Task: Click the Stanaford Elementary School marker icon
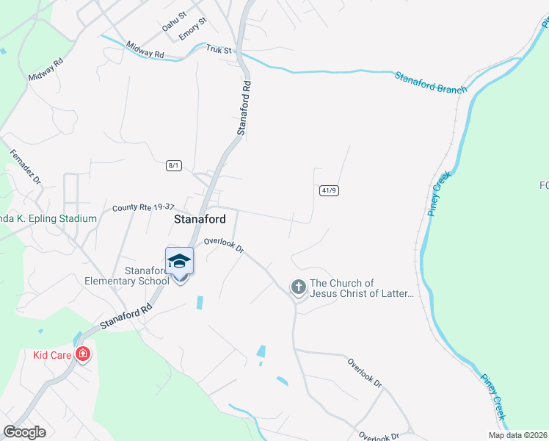coord(180,262)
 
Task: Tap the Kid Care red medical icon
coord(83,355)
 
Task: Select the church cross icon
coord(298,287)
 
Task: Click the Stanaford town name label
coord(199,218)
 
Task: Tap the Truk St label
coord(218,50)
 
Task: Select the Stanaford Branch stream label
coord(431,82)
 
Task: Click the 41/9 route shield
coord(329,190)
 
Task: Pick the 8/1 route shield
coord(173,165)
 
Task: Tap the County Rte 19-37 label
coord(142,208)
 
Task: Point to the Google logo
coord(24,432)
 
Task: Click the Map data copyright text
coord(517,435)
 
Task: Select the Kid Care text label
coord(51,355)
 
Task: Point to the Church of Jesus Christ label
coord(362,288)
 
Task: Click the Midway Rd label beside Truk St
coord(145,49)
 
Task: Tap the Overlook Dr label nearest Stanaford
coord(223,245)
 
